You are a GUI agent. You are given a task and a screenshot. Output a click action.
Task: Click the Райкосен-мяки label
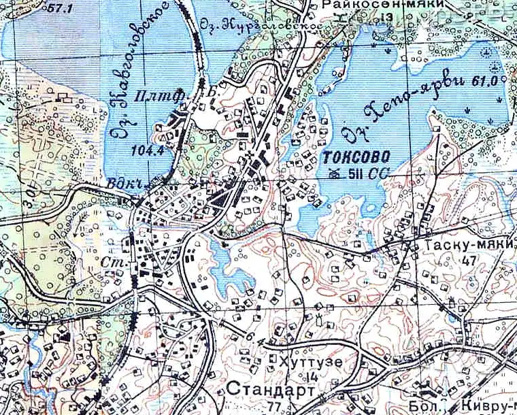point(384,5)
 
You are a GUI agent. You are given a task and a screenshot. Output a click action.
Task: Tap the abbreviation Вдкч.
point(120,186)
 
